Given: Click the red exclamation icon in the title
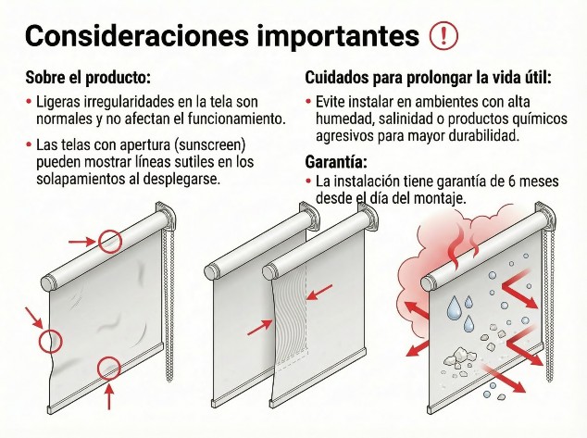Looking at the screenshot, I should tap(445, 35).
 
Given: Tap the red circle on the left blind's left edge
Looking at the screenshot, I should tap(50, 341).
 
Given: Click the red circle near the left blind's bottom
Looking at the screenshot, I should tap(109, 368).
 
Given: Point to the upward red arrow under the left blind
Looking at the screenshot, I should tap(109, 395).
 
